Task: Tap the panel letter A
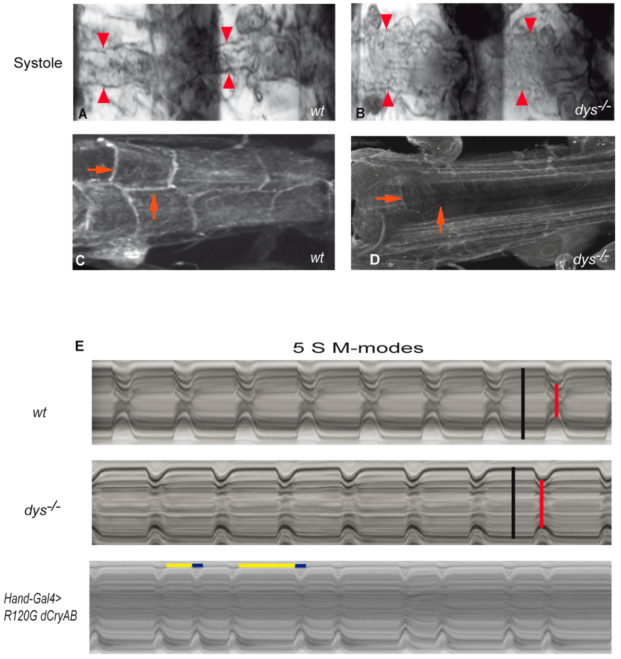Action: pyautogui.click(x=82, y=114)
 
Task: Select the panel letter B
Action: pyautogui.click(x=360, y=113)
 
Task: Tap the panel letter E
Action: pyautogui.click(x=80, y=346)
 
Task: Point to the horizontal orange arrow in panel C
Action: pyautogui.click(x=100, y=170)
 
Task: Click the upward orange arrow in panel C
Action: pyautogui.click(x=154, y=207)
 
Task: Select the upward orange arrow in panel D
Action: pyautogui.click(x=440, y=219)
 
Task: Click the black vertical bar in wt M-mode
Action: pyautogui.click(x=523, y=403)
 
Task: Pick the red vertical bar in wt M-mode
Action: pyautogui.click(x=556, y=400)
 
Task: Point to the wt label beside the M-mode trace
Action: pyautogui.click(x=39, y=413)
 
